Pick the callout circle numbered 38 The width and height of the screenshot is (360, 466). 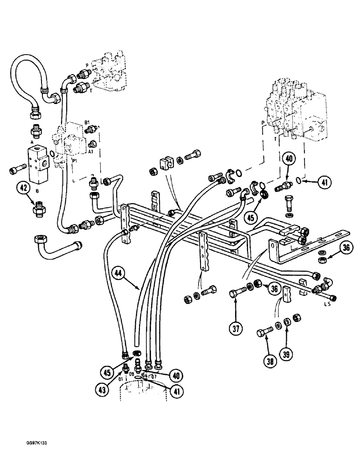click(267, 359)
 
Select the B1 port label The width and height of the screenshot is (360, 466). click(87, 123)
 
